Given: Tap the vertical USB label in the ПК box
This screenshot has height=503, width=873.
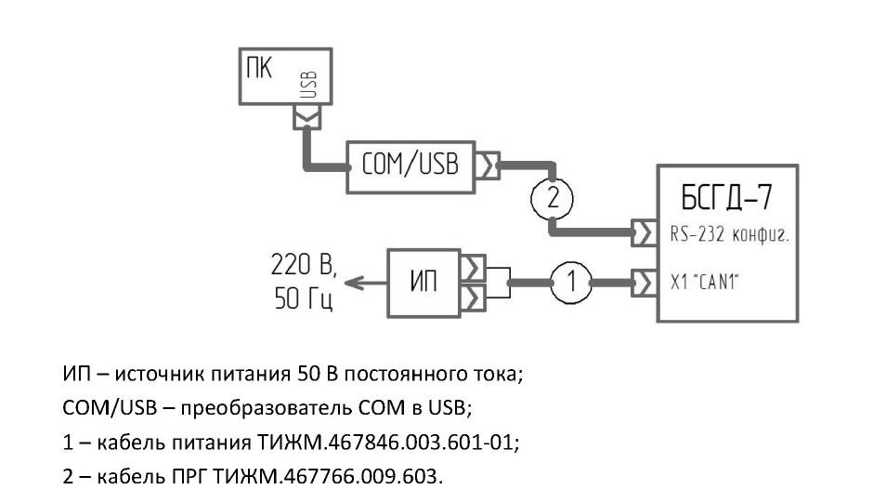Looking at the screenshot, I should tap(309, 85).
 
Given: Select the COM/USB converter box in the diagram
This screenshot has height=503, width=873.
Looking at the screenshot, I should tap(410, 167).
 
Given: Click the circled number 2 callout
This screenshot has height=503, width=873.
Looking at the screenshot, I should tap(551, 197).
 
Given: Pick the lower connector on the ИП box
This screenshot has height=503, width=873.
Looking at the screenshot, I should tap(474, 298).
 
